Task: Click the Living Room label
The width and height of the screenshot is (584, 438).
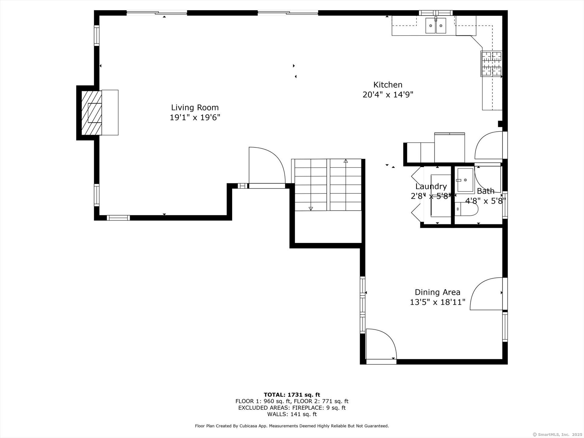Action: pos(195,107)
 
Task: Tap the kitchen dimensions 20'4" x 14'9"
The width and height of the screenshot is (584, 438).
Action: pos(388,95)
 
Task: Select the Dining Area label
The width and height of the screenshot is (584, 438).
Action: pos(437,292)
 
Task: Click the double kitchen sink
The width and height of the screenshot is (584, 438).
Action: pos(436,26)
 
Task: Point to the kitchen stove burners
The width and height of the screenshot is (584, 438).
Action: pos(491,64)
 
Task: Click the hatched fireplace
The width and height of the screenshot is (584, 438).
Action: pos(92,113)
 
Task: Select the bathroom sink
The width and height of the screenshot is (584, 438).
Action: pos(465,180)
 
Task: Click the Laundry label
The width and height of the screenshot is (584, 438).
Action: pos(431,186)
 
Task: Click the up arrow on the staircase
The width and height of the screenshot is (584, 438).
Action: pos(346,161)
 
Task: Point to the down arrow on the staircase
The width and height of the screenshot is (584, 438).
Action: pos(311,208)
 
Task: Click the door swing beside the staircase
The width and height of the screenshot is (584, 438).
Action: pos(266,166)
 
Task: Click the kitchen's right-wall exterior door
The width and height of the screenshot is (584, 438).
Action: pos(489,145)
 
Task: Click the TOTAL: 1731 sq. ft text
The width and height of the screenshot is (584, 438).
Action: pos(292,395)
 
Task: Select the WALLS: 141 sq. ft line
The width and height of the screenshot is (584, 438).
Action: pos(292,414)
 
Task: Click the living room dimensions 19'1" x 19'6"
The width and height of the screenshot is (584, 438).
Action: pos(195,117)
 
